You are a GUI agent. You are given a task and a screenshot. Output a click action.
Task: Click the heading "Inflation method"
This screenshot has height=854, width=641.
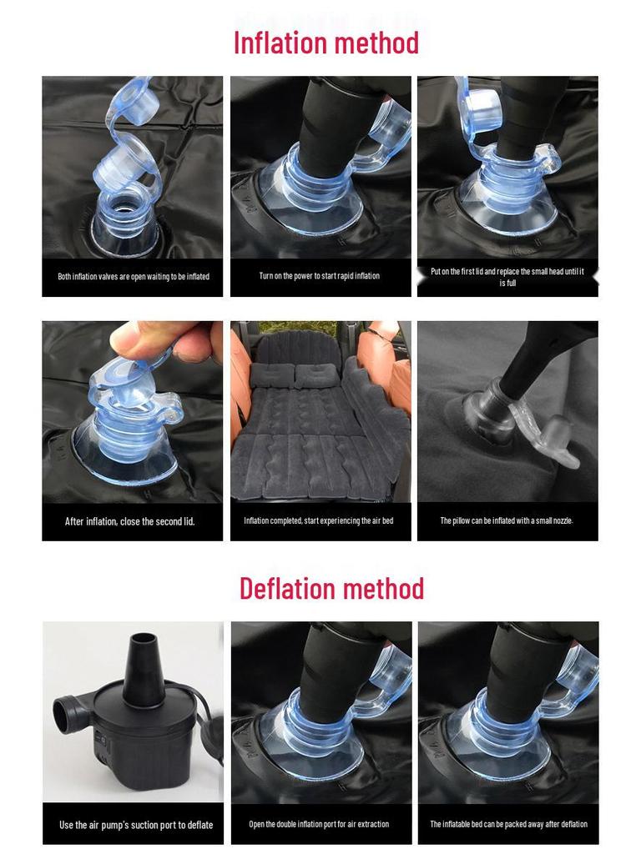pyautogui.click(x=326, y=43)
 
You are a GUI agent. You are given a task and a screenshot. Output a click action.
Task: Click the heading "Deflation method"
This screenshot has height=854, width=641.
pyautogui.click(x=331, y=588)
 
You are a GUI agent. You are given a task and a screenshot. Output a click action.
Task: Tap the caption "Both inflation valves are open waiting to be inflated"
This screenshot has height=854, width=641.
pyautogui.click(x=134, y=277)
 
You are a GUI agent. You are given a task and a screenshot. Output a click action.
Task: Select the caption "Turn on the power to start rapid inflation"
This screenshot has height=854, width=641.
pyautogui.click(x=320, y=275)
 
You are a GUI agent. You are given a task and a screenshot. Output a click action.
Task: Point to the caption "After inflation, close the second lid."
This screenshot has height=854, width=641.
pyautogui.click(x=129, y=521)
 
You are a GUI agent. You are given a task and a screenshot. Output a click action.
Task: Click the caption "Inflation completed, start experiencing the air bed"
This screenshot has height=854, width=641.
pyautogui.click(x=318, y=520)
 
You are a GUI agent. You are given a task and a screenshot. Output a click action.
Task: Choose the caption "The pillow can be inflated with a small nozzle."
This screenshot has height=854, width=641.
pyautogui.click(x=507, y=520)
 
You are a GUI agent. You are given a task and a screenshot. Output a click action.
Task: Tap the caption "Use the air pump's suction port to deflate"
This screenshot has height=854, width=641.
pyautogui.click(x=136, y=825)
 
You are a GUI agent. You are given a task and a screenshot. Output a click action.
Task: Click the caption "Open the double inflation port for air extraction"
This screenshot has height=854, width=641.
pyautogui.click(x=319, y=824)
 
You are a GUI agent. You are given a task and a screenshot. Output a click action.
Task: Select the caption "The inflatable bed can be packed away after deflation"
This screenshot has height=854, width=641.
pyautogui.click(x=508, y=824)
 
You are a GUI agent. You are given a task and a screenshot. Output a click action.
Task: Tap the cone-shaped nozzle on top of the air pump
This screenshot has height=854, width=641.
pyautogui.click(x=144, y=668)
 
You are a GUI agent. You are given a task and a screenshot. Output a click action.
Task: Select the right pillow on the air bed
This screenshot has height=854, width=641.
pyautogui.click(x=317, y=375)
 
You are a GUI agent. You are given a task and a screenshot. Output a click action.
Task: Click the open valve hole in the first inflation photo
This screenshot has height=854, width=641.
pyautogui.click(x=124, y=205)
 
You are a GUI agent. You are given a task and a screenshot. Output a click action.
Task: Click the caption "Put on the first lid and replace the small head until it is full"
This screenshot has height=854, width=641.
pyautogui.click(x=507, y=277)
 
